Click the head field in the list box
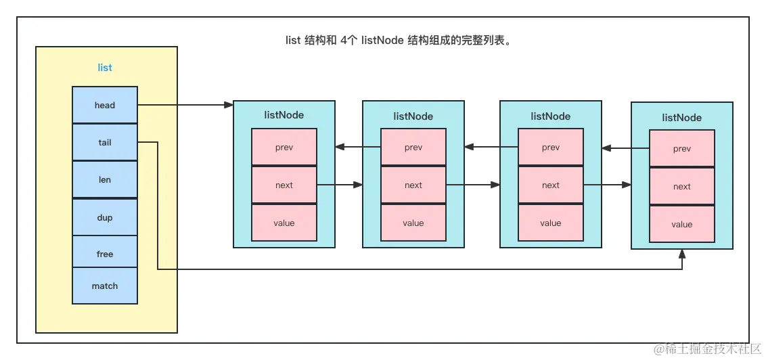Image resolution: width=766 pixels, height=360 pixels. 105,105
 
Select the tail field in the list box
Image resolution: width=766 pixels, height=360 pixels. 105,143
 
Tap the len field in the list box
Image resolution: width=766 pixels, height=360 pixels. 105,180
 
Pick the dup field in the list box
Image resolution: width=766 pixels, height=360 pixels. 105,217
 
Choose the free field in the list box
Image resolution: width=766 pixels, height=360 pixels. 105,254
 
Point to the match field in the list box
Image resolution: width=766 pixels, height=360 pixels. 105,286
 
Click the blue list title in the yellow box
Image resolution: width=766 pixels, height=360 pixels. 105,68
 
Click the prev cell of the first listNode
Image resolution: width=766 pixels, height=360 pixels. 284,147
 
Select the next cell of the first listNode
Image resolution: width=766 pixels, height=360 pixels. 284,185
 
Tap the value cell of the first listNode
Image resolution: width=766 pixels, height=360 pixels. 284,223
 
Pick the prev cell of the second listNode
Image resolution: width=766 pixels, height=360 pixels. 413,147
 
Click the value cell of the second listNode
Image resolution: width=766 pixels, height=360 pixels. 413,223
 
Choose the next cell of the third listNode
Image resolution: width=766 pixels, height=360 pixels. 551,185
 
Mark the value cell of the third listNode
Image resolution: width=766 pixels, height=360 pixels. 551,223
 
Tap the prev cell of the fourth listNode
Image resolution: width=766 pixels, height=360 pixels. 682,149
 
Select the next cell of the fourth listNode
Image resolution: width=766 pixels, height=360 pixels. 682,186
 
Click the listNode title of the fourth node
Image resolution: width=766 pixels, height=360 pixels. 682,118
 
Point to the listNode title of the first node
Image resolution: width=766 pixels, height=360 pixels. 284,115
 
